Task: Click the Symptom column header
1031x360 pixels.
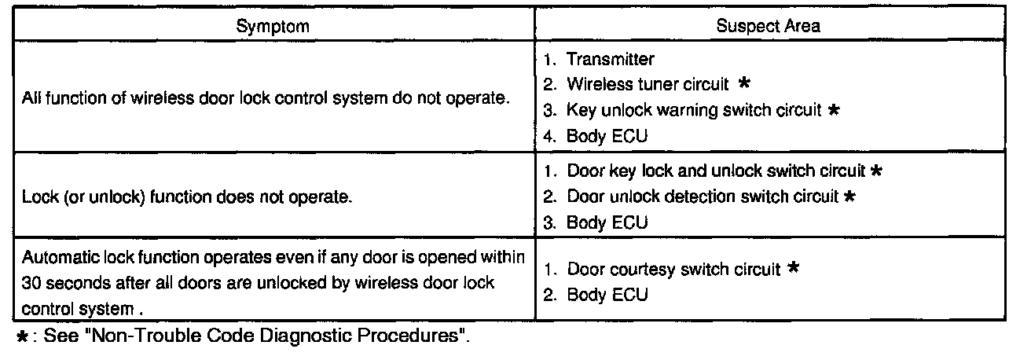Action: pyautogui.click(x=273, y=26)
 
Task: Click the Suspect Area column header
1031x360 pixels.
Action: pyautogui.click(x=768, y=26)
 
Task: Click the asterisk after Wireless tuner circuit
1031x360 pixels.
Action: pyautogui.click(x=743, y=83)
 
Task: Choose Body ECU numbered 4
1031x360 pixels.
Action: pyautogui.click(x=607, y=135)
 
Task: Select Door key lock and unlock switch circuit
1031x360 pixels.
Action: pyautogui.click(x=716, y=171)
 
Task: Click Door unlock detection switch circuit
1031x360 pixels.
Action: pyautogui.click(x=703, y=197)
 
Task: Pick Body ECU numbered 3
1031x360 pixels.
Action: pyautogui.click(x=607, y=222)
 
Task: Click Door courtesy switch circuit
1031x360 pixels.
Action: pyautogui.click(x=673, y=270)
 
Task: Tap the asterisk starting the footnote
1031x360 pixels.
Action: pyautogui.click(x=23, y=339)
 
